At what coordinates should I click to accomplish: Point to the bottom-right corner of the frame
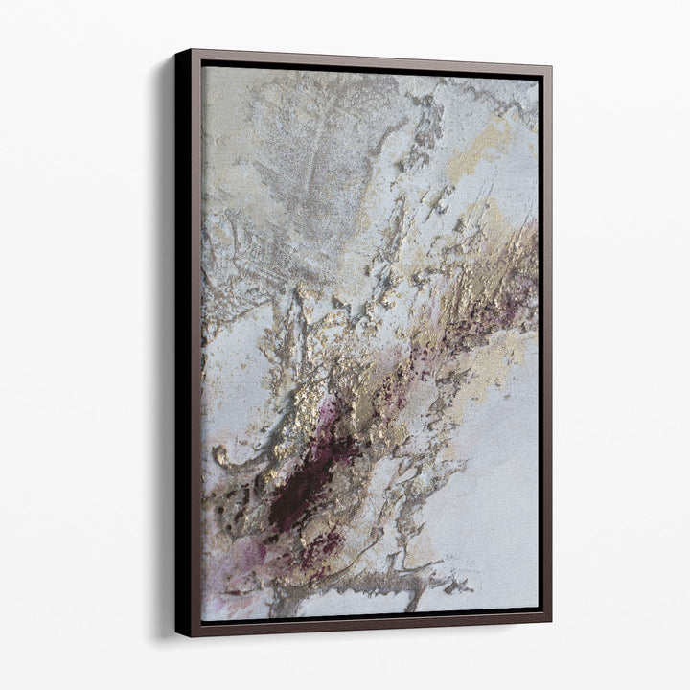point(550,622)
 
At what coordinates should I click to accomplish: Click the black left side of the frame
point(183,345)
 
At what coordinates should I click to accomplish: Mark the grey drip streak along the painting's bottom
point(383,581)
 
